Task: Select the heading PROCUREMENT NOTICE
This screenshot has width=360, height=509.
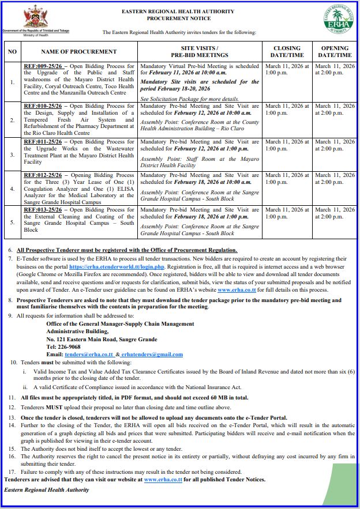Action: (178, 18)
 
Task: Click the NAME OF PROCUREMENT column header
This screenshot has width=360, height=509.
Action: (78, 51)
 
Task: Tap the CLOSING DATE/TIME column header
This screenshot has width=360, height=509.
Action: (287, 51)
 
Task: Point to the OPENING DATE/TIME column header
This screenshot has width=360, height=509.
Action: (335, 51)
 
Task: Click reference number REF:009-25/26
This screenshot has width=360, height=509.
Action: (44, 66)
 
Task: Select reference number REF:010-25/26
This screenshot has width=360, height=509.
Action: (44, 106)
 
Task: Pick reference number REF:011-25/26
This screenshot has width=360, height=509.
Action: (44, 141)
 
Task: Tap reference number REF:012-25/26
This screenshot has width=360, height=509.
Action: (44, 175)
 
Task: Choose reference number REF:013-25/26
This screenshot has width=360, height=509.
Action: (44, 210)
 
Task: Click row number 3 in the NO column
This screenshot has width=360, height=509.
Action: (13, 154)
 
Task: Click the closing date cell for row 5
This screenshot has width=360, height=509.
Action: (287, 213)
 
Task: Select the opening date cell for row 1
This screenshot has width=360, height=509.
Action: (335, 70)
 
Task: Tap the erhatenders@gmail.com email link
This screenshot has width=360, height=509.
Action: (152, 354)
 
